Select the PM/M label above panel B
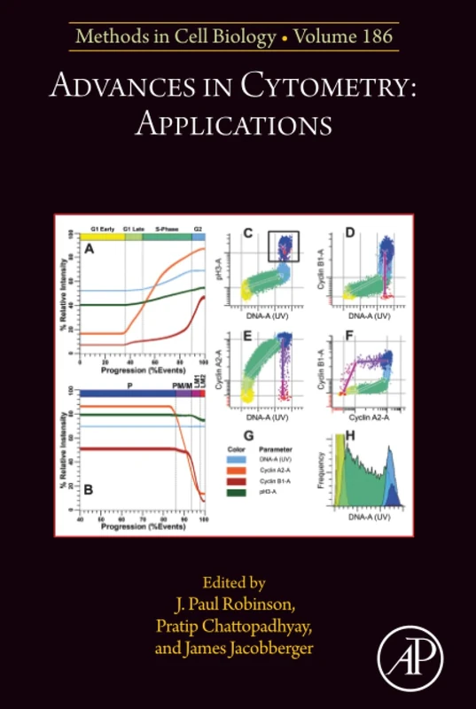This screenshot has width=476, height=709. click(183, 387)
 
